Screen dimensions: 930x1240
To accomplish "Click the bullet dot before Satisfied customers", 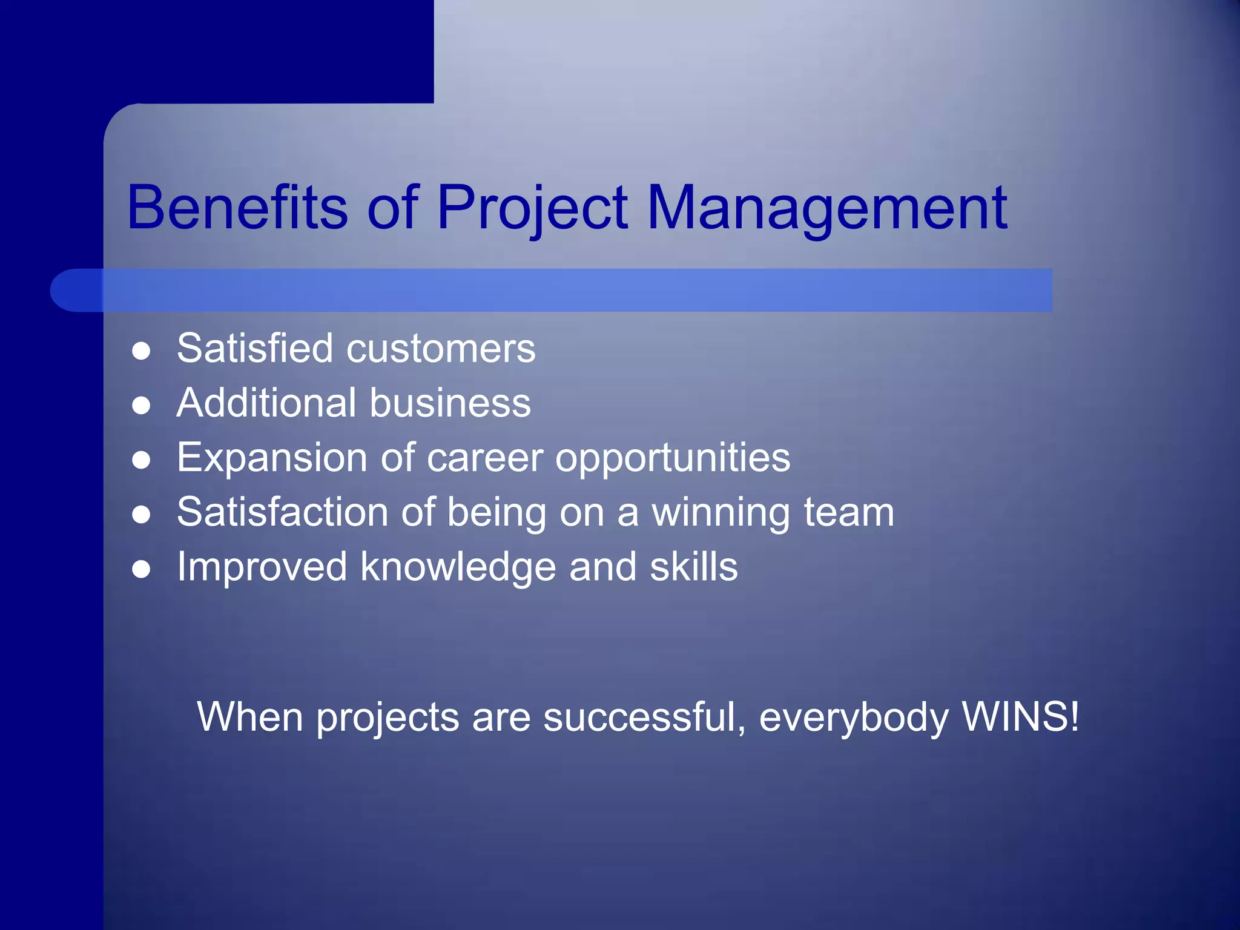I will point(141,351).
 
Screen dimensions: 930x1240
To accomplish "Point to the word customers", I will point(441,349).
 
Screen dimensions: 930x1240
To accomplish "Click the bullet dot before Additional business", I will point(141,405).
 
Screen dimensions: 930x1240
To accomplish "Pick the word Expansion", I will point(272,458).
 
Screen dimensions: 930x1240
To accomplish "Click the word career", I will point(484,458).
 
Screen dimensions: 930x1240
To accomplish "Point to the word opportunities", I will point(673,459).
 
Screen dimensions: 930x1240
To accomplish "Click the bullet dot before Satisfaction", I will point(141,515).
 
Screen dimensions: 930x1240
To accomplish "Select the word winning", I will point(721,513).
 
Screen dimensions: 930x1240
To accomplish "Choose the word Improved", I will point(262,568).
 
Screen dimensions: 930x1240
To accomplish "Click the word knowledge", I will point(458,568).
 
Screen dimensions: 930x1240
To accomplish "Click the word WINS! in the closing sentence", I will point(1020,717).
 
